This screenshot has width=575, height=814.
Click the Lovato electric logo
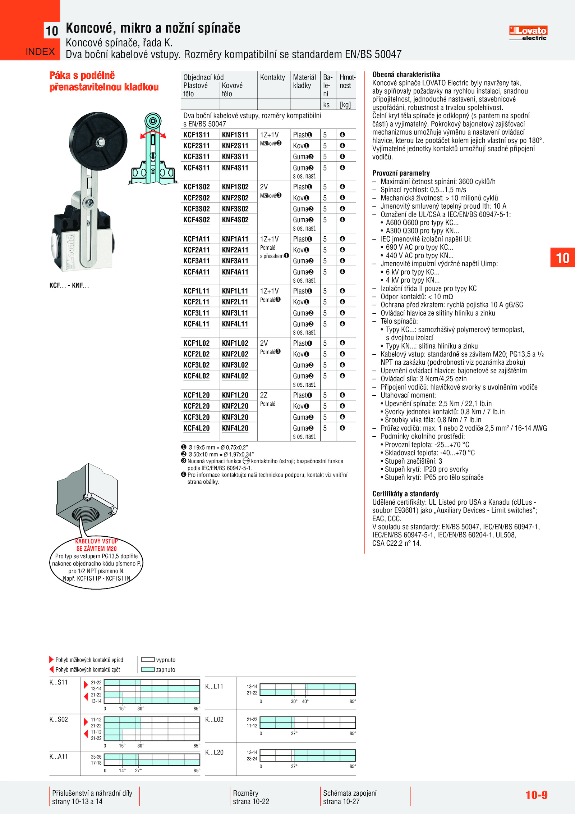528,33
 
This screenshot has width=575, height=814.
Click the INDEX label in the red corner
40,52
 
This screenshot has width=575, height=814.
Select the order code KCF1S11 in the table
196,135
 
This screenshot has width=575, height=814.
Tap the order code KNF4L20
235,428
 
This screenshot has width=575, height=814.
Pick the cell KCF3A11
196,261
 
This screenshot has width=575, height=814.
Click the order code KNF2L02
235,354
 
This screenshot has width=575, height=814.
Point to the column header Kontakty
272,77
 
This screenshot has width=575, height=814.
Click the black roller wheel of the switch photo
98,140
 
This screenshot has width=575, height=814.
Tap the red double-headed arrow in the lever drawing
153,134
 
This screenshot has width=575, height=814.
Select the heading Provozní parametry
401,173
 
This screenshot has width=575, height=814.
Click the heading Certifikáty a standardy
405,494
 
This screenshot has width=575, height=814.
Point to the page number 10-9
536,795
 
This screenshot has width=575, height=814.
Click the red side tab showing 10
562,258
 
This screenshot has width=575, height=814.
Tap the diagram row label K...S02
59,719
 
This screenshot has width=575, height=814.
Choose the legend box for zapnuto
148,669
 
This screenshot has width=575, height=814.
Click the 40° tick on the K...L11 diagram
305,701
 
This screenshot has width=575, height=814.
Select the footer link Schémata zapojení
350,793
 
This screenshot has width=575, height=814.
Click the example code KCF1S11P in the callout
89,578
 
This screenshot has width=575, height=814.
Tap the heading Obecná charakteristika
406,74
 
